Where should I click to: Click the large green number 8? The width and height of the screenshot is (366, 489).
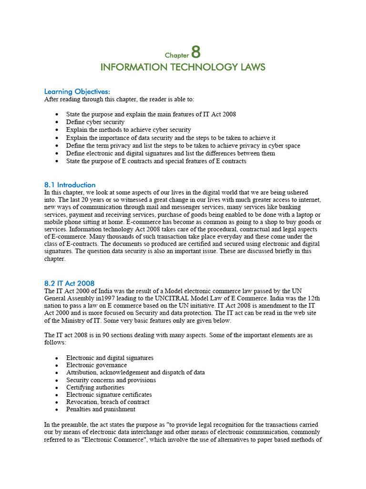[195, 52]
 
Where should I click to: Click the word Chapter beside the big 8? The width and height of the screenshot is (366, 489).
[177, 55]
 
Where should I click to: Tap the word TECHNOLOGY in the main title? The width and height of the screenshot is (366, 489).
[188, 67]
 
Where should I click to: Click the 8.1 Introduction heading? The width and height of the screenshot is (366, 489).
[70, 184]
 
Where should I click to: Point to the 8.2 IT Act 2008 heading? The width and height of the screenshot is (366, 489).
[70, 283]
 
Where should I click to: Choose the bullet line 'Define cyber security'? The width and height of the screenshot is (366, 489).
[95, 122]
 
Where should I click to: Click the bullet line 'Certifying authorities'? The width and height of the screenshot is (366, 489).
[95, 387]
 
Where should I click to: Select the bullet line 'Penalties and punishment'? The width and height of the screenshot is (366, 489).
[101, 409]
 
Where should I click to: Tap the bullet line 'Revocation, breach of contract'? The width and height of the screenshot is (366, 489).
[108, 402]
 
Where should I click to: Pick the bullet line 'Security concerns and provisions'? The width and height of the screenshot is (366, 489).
[111, 380]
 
